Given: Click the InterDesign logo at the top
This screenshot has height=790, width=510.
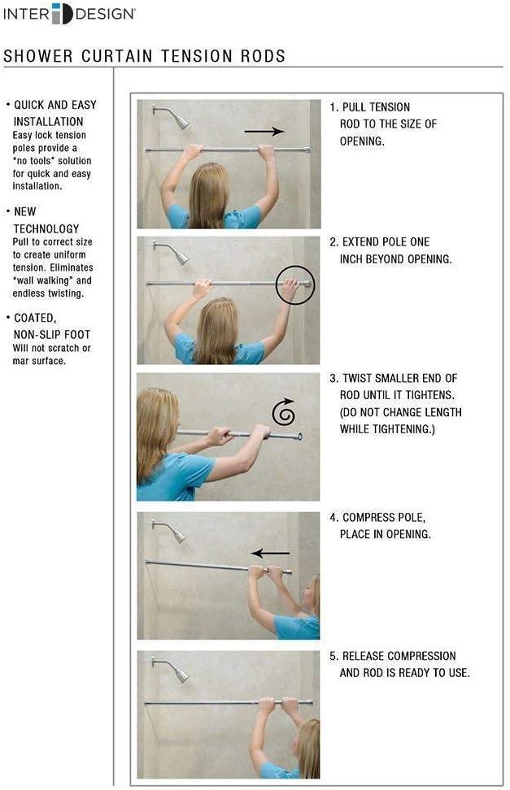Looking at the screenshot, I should click(69, 14).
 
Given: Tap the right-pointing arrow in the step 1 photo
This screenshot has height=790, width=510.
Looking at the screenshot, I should click(264, 130).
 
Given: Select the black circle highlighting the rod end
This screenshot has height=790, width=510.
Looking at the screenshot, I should click(294, 284).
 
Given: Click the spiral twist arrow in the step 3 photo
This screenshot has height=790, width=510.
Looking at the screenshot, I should click(283, 414).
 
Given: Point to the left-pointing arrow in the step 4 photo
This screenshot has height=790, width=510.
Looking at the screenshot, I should click(270, 553).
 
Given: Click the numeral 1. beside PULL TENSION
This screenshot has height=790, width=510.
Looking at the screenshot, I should click(333, 107).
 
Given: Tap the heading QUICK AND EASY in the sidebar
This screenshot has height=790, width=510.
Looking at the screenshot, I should click(54, 105).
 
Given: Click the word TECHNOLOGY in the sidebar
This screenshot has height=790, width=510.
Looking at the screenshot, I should click(46, 229).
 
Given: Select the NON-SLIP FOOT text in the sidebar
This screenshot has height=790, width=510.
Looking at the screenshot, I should click(52, 334).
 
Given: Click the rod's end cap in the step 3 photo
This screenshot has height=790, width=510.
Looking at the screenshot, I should click(299, 436).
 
